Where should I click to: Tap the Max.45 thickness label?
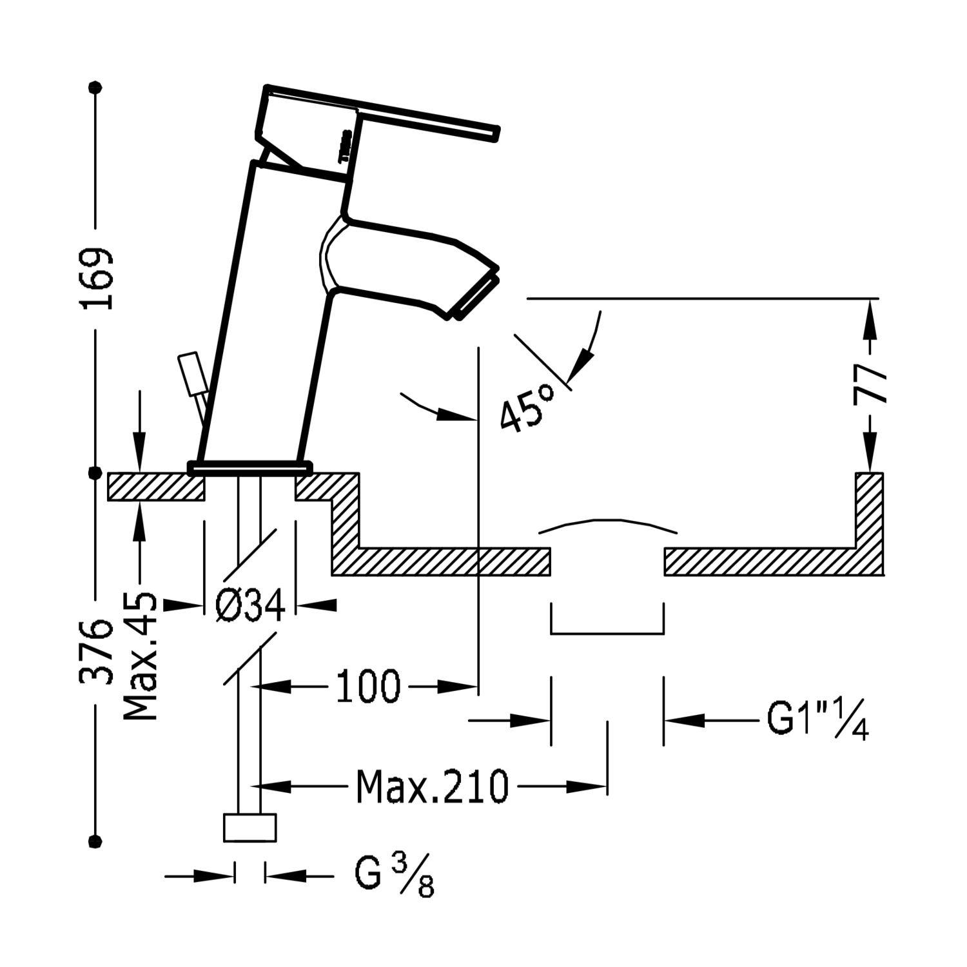pos(139,656)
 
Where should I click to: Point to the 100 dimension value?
pos(368,687)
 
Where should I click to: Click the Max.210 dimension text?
pos(433,786)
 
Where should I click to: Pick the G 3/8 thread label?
pos(394,877)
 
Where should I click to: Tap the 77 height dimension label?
pos(870,383)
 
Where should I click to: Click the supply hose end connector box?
pos(249,827)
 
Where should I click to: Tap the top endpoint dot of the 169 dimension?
pos(97,85)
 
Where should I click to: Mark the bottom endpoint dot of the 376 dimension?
pos(97,840)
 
